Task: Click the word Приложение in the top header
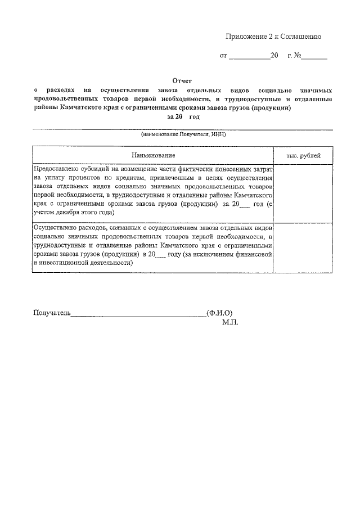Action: pos(245,37)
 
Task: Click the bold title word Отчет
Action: pos(182,81)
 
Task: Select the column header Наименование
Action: pos(154,155)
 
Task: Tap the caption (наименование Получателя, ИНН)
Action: pos(183,136)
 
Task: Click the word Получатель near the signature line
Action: pos(52,313)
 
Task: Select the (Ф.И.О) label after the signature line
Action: pos(220,313)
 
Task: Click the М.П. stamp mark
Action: pos(230,323)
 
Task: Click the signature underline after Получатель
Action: pos(138,315)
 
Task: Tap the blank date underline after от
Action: pos(249,57)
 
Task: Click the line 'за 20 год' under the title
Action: pos(183,117)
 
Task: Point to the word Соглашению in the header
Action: pos(300,37)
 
